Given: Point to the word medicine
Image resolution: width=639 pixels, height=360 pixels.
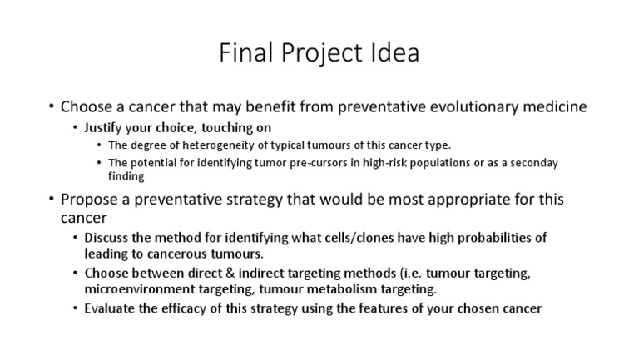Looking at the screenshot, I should click(x=548, y=107).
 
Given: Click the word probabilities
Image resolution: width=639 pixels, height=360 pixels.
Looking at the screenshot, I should click(x=495, y=237).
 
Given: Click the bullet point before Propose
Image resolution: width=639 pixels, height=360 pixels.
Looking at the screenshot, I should click(x=52, y=200).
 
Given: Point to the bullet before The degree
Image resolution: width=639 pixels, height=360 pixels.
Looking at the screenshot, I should click(x=100, y=145).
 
